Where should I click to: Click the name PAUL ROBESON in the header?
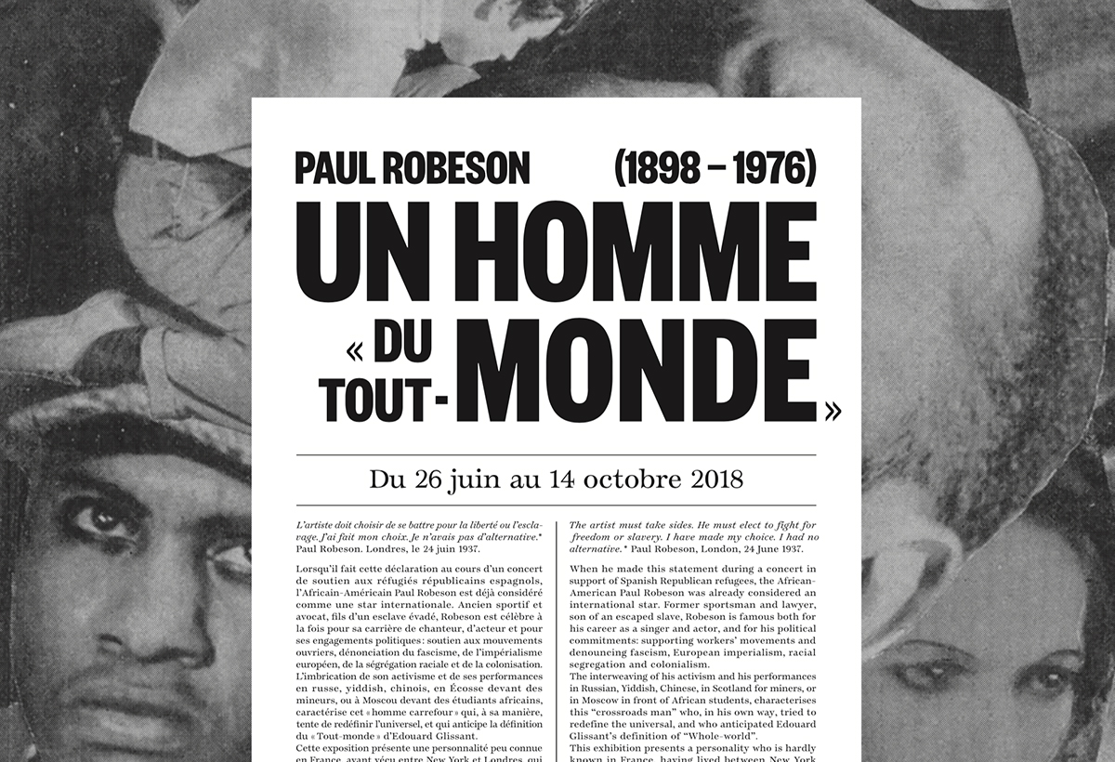pos(412,167)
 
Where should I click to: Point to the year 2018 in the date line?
pos(717,480)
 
